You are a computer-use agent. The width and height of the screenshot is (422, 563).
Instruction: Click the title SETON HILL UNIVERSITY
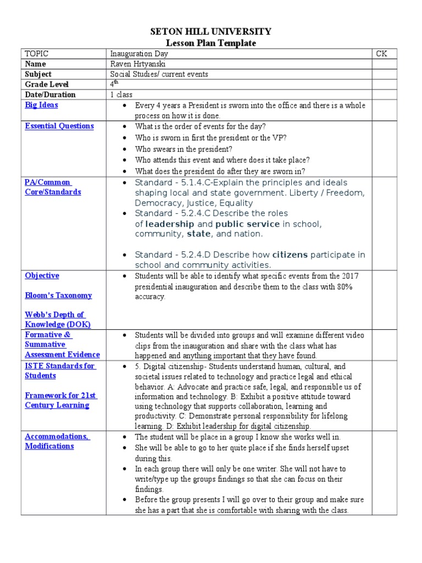[x=211, y=32]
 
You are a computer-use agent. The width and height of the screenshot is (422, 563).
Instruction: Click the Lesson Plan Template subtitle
[x=211, y=43]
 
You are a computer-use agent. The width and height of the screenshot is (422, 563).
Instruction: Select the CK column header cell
[x=382, y=53]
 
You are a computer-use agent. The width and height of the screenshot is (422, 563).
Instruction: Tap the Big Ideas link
[x=41, y=105]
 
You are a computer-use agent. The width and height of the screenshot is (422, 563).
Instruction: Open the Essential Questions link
[x=59, y=126]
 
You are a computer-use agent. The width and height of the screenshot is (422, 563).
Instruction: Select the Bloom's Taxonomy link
[x=58, y=295]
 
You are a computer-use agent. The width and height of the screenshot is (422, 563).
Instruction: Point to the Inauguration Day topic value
[x=139, y=53]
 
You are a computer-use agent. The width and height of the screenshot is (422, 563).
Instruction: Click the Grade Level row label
[x=47, y=84]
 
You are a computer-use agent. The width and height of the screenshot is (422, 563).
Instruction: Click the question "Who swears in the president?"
[x=184, y=149]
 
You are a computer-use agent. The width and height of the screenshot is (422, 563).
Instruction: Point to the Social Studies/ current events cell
[x=159, y=74]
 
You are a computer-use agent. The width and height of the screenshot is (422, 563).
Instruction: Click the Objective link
[x=42, y=275]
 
